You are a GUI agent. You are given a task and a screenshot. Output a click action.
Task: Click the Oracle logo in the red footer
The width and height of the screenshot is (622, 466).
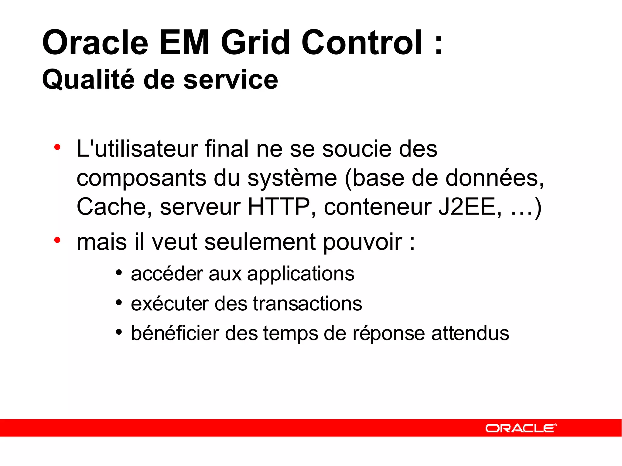click(x=521, y=428)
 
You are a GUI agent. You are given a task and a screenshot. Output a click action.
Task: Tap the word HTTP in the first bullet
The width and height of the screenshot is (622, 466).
click(x=279, y=207)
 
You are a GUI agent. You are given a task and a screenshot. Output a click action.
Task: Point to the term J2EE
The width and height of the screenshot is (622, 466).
click(x=466, y=207)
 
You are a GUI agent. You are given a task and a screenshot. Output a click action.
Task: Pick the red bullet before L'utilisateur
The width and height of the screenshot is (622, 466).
click(x=57, y=147)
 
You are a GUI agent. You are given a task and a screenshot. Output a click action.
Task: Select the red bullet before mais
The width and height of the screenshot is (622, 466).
click(x=57, y=240)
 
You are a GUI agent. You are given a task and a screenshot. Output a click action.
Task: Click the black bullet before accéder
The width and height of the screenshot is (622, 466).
click(x=119, y=272)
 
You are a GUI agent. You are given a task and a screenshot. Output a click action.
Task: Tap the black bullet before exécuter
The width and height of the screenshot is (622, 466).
click(x=119, y=302)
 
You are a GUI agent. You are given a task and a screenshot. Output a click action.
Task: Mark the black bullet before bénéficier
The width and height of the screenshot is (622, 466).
click(x=119, y=332)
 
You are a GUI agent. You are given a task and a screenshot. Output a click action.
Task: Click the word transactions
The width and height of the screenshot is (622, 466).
click(x=307, y=304)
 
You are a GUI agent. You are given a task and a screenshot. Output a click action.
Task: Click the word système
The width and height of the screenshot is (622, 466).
click(x=292, y=178)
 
